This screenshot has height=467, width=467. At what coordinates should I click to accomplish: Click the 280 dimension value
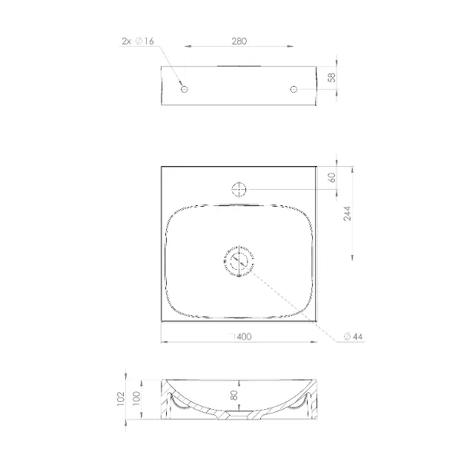[x=239, y=41]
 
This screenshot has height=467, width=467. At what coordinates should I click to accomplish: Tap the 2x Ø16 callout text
[x=138, y=41]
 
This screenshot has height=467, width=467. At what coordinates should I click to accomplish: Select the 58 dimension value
[x=331, y=77]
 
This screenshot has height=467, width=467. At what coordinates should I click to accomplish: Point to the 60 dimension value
[x=331, y=177]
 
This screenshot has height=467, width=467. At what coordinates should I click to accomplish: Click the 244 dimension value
[x=347, y=213]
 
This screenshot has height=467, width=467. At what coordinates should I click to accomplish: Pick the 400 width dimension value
[x=244, y=337]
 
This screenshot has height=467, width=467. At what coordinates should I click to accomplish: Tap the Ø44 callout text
[x=354, y=337]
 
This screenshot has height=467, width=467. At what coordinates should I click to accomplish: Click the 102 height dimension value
[x=120, y=399]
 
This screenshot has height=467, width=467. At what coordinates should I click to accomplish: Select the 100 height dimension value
[x=136, y=399]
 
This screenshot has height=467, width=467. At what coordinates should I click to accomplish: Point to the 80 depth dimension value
[x=234, y=395]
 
